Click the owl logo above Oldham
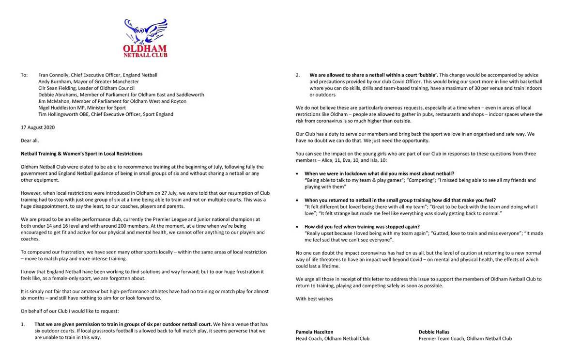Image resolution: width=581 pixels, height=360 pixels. click(x=146, y=31)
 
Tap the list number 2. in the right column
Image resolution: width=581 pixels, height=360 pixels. click(x=298, y=75)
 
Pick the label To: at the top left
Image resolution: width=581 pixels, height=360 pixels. click(x=24, y=75)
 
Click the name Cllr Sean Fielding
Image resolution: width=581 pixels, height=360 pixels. click(x=58, y=88)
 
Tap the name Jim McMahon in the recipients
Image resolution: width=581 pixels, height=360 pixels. click(x=53, y=101)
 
